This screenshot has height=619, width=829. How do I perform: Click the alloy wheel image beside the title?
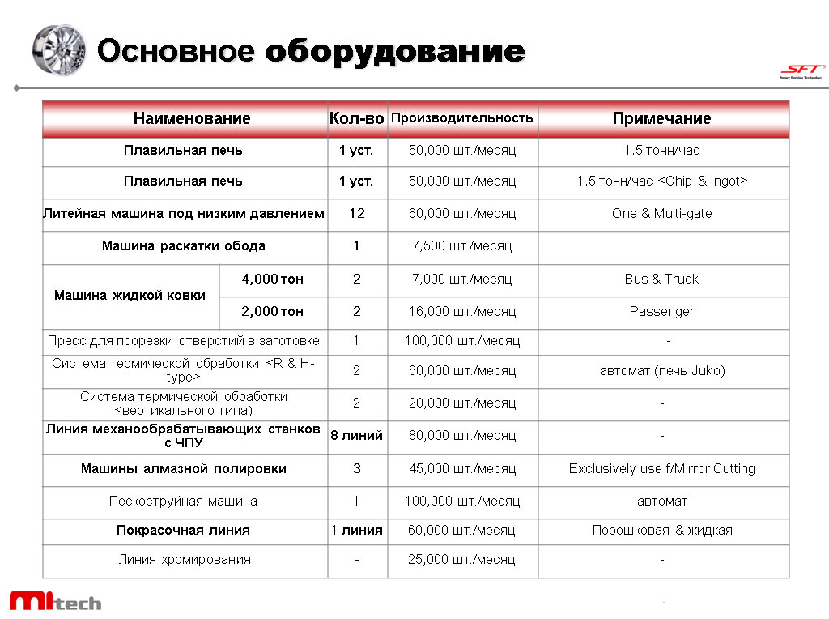(58, 49)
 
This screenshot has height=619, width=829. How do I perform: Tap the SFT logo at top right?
(801, 71)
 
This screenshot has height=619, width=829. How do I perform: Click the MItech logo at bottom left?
(55, 601)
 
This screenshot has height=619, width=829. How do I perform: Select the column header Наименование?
(192, 118)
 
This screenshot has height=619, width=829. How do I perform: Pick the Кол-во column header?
(356, 118)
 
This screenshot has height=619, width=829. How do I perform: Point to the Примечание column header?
(661, 118)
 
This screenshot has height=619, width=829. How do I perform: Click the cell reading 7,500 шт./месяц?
(461, 246)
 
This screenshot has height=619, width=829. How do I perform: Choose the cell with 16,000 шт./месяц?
(461, 311)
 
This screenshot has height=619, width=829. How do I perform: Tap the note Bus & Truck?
(661, 279)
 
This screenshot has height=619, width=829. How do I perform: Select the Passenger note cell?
(661, 311)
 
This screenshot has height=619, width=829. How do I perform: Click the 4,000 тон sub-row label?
(273, 279)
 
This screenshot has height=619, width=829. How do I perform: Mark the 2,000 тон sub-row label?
(273, 311)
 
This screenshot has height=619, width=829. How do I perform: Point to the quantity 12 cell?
(356, 214)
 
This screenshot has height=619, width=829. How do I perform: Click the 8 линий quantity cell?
(356, 436)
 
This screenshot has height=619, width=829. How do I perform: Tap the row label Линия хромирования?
(185, 559)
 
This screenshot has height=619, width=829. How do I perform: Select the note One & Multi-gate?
(661, 214)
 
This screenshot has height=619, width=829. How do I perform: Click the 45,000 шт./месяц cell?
(461, 468)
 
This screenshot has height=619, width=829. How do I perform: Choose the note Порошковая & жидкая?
(661, 530)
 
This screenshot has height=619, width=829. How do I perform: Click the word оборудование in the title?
(394, 51)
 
